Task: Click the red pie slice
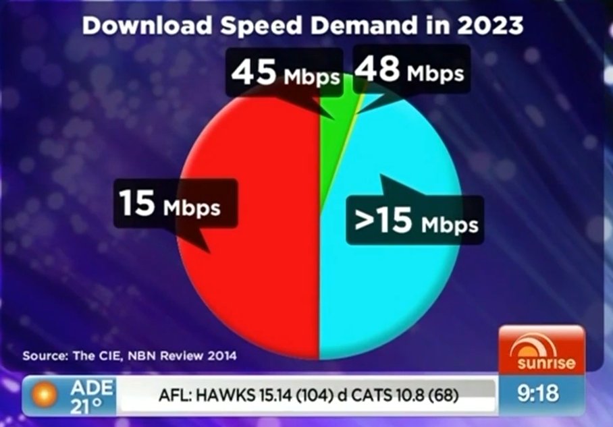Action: coord(257,283)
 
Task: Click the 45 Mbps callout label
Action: coord(284,74)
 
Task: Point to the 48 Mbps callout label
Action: coord(409,70)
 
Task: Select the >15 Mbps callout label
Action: coord(416,220)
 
